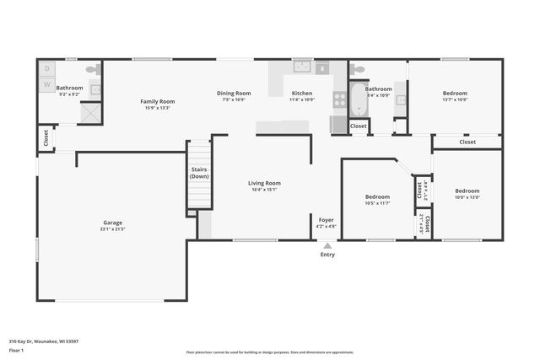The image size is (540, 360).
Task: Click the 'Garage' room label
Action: [x=112, y=223]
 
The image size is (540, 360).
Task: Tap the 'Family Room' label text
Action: [x=157, y=101]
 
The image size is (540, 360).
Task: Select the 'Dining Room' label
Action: [x=234, y=93]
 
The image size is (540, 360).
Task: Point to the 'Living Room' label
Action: [x=264, y=183]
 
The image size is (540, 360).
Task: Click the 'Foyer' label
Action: [x=326, y=219]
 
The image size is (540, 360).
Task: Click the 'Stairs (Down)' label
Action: [x=199, y=173]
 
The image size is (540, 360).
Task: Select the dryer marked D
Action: [x=47, y=69]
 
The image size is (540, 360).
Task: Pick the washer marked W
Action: [x=47, y=84]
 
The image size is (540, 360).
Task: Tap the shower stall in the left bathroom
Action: [x=92, y=113]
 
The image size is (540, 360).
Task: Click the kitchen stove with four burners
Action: [x=339, y=99]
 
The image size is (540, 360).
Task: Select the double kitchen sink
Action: [x=302, y=67]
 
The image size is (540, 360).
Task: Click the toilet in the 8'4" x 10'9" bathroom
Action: [x=358, y=70]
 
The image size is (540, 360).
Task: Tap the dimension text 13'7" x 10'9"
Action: [x=455, y=99]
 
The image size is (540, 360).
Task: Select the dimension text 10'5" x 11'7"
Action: [x=377, y=203]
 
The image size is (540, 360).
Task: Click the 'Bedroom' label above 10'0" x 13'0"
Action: [x=467, y=191]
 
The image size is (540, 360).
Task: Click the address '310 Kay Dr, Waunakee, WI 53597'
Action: [x=44, y=341]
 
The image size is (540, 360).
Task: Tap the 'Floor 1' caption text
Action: [x=17, y=351]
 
